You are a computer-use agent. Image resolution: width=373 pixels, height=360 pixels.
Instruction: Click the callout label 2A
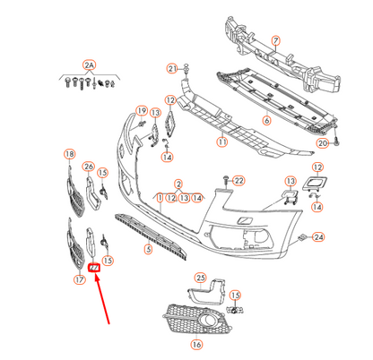coord(88,64)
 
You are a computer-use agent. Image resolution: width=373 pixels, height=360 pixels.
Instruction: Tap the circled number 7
coord(276,39)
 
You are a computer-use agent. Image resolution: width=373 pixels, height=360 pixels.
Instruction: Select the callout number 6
coord(266,120)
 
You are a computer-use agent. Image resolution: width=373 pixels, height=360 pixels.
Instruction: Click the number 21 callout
coord(171,69)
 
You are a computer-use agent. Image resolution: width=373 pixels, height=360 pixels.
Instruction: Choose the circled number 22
coord(239,182)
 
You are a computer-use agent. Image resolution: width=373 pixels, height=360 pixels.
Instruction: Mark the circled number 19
coord(140,111)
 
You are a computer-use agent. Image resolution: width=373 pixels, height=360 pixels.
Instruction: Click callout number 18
coord(70,155)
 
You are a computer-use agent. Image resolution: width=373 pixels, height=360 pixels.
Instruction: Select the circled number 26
coord(89,167)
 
